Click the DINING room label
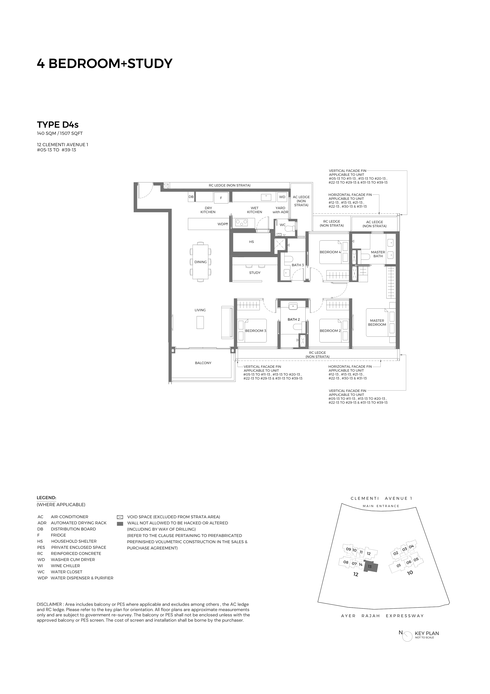tap(200, 262)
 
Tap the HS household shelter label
tap(251, 242)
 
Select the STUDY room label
tap(255, 273)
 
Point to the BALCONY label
tap(203, 363)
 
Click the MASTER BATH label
tap(378, 254)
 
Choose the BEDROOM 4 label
tap(330, 252)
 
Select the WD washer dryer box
tap(282, 197)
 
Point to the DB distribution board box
tap(191, 197)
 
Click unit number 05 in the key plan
tap(416, 559)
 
